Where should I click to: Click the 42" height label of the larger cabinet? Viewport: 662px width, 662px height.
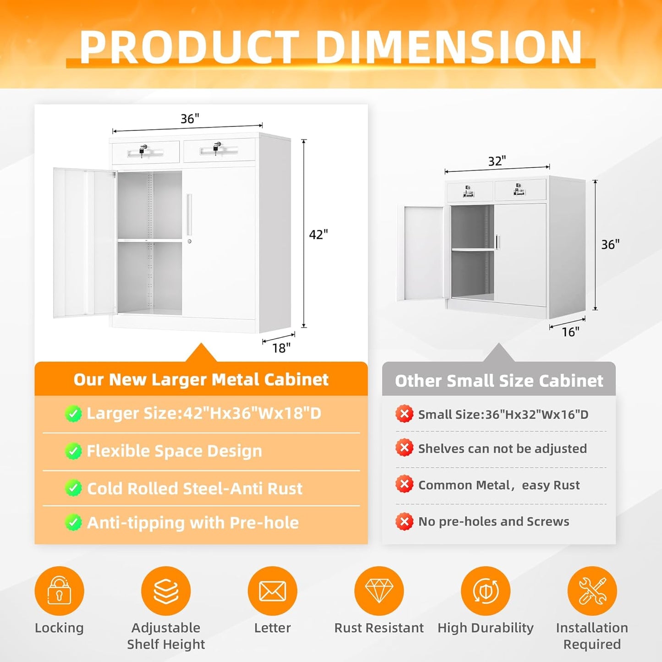pyautogui.click(x=318, y=235)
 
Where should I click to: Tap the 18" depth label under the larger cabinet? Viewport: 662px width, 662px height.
pyautogui.click(x=281, y=348)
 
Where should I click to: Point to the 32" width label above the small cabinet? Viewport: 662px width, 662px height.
pyautogui.click(x=497, y=161)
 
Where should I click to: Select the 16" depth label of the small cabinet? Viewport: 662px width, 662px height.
pyautogui.click(x=570, y=332)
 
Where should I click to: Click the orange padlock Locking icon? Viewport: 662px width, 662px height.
pyautogui.click(x=59, y=591)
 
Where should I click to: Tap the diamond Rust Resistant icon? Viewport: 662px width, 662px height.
pyautogui.click(x=379, y=591)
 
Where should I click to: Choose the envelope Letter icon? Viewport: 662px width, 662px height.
pyautogui.click(x=272, y=591)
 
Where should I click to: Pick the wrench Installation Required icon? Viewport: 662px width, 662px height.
pyautogui.click(x=592, y=591)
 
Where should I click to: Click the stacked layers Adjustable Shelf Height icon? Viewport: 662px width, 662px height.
pyautogui.click(x=166, y=591)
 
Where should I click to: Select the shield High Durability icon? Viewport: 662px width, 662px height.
pyautogui.click(x=485, y=591)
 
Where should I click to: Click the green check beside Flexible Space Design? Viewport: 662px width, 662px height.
pyautogui.click(x=73, y=451)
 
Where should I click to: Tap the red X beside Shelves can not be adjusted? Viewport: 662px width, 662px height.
pyautogui.click(x=404, y=448)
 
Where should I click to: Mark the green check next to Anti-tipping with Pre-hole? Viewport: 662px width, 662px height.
pyautogui.click(x=73, y=523)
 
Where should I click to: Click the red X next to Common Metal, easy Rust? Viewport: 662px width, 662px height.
pyautogui.click(x=404, y=484)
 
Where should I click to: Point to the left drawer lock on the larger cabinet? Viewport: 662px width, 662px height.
pyautogui.click(x=142, y=150)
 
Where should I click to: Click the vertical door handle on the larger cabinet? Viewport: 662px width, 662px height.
pyautogui.click(x=189, y=214)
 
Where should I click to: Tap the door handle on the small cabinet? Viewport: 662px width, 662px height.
pyautogui.click(x=497, y=242)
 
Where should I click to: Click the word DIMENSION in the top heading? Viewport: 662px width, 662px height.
pyautogui.click(x=449, y=47)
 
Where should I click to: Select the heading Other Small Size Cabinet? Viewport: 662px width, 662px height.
pyautogui.click(x=499, y=381)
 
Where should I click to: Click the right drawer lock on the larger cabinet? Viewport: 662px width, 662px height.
pyautogui.click(x=216, y=147)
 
